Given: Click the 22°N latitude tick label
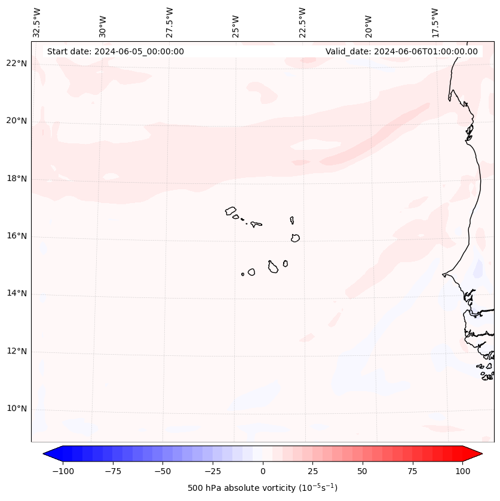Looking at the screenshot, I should tap(17, 63).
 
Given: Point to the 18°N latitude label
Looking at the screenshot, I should tap(17, 179).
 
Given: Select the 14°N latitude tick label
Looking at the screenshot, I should tap(17, 293).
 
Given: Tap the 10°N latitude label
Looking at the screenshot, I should tap(17, 408).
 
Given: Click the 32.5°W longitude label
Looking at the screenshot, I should tap(37, 22).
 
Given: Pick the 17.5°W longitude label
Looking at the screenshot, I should tap(435, 22).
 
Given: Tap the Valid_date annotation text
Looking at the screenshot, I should tap(401, 51).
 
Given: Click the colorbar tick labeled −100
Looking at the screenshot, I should tap(63, 471).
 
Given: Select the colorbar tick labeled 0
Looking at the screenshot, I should tap(263, 471).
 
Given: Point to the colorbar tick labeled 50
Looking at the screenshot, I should tap(363, 471).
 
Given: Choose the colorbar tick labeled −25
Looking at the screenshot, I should tap(213, 471).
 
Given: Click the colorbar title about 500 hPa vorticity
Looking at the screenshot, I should tap(262, 488).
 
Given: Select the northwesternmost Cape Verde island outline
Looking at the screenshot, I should tap(231, 211).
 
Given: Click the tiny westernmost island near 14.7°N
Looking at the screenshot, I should tap(243, 274).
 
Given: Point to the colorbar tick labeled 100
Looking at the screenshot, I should tap(462, 471).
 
